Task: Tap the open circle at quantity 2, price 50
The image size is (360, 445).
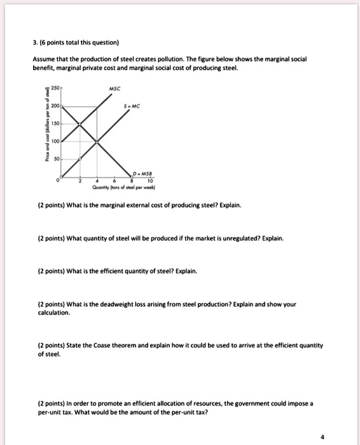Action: pyautogui.click(x=80, y=159)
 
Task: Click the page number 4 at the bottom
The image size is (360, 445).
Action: pyautogui.click(x=322, y=437)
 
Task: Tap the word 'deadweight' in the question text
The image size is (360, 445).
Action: pyautogui.click(x=120, y=304)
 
